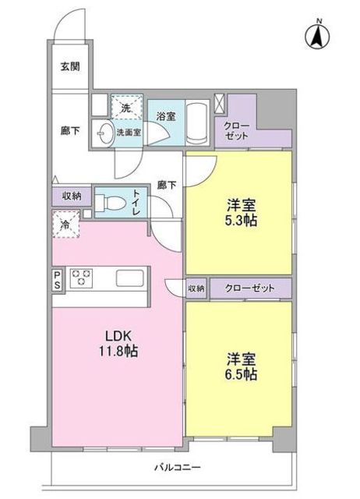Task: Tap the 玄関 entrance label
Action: tap(70, 67)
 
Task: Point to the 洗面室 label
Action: tap(129, 133)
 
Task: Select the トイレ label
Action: tap(136, 203)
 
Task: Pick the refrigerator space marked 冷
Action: tap(65, 225)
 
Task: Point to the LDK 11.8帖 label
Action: tap(116, 344)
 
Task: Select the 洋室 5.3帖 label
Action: tap(239, 213)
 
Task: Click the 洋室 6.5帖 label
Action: tap(239, 366)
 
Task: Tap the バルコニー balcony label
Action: tap(178, 467)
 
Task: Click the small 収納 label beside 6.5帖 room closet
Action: tap(196, 288)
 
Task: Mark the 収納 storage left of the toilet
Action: tap(72, 196)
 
